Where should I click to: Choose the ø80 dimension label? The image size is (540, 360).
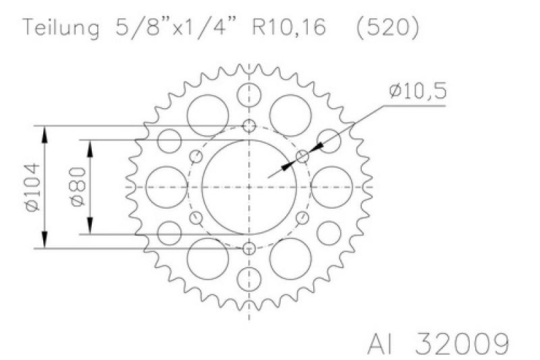point(76,187)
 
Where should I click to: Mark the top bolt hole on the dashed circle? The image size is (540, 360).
point(250,126)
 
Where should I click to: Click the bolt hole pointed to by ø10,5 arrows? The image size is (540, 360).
point(302,157)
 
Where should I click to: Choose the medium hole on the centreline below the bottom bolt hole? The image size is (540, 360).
point(250,277)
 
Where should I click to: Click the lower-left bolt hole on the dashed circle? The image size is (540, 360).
point(197,217)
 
